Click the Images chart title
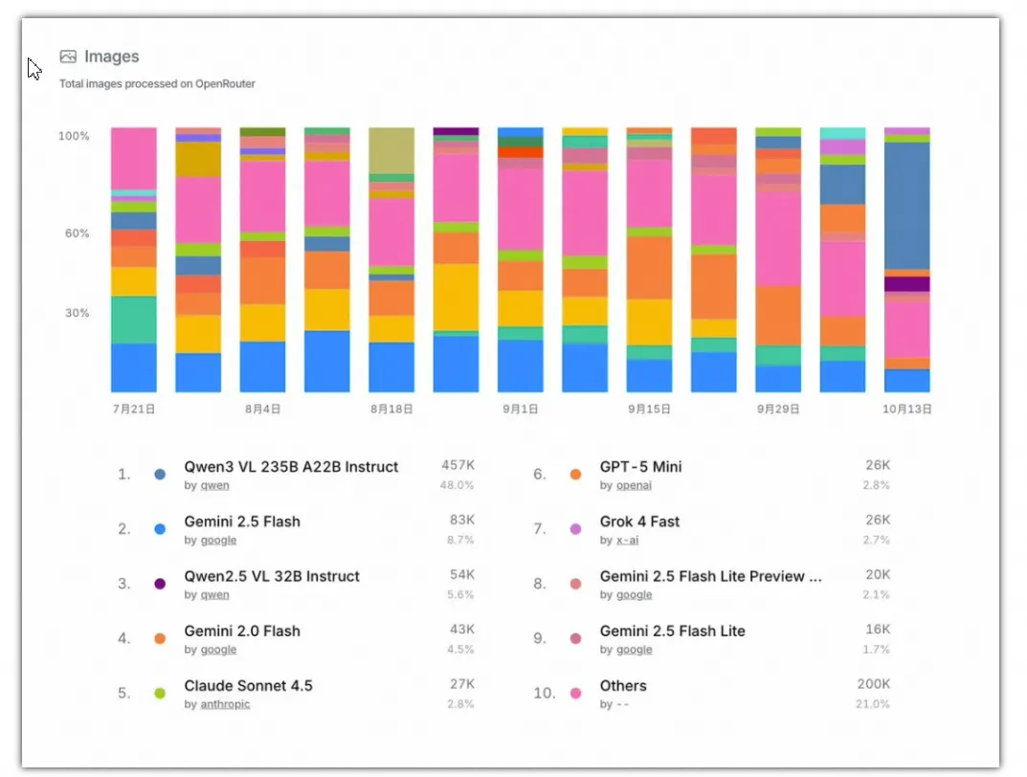coord(111,56)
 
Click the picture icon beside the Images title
coord(68,56)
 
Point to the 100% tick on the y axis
coord(74,137)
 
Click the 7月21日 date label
coord(133,409)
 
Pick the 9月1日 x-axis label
coord(521,409)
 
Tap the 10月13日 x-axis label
coord(906,409)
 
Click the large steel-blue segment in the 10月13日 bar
coord(906,205)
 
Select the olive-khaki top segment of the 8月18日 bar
coord(391,150)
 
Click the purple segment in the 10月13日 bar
coord(906,284)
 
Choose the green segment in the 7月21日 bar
coord(133,320)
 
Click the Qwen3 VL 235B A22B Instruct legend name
coord(291,467)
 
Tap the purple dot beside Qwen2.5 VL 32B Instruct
coord(160,583)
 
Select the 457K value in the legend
coord(458,465)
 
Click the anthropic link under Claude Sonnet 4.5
coord(225,704)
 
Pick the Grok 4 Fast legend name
coord(639,522)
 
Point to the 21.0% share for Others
coord(872,704)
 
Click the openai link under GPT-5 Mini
coord(633,485)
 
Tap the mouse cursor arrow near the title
coord(33,68)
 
